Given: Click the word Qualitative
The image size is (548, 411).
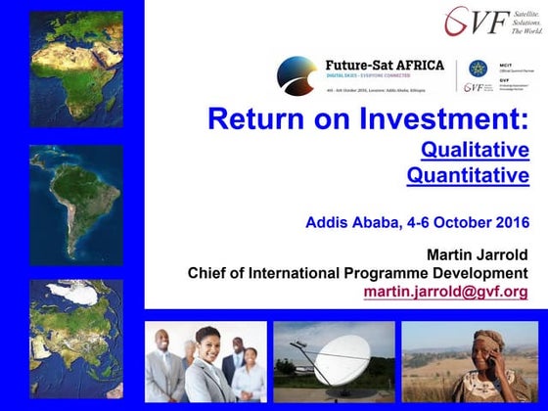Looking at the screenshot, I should pos(475,150).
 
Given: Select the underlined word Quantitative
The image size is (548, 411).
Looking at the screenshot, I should pos(468,176).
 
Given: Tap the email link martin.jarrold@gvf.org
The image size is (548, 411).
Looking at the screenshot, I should pos(445,292).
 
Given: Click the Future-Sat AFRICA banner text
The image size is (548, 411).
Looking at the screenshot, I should pos(384,66).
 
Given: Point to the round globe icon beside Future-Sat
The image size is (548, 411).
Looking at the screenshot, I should pos(297,74).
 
